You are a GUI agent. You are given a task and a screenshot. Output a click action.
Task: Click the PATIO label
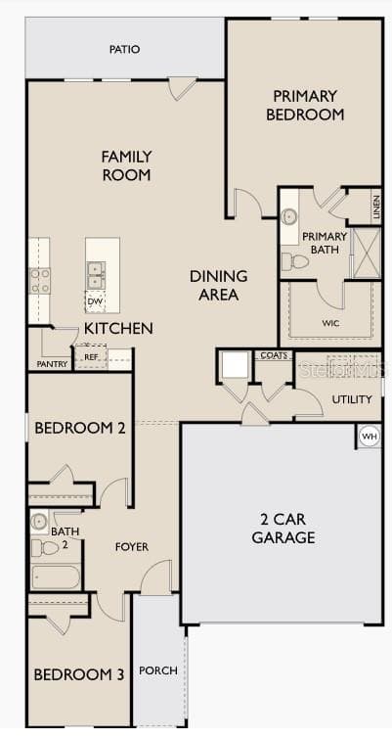[124, 48]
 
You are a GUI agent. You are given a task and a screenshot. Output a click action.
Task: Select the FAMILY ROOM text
[126, 164]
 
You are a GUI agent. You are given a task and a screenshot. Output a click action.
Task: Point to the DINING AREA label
[218, 285]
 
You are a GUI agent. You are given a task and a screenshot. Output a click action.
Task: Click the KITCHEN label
[118, 328]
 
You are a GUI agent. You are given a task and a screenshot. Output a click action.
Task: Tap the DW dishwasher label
[95, 301]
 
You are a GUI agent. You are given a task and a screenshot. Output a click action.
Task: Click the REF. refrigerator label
[91, 357]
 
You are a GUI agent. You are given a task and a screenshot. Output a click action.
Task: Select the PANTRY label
[52, 364]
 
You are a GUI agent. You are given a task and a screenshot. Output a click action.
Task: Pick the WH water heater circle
[369, 436]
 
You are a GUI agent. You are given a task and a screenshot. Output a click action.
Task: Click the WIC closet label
[330, 322]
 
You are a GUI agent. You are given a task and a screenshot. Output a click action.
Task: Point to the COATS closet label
[274, 356]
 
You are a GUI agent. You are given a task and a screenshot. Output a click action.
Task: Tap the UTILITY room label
[352, 399]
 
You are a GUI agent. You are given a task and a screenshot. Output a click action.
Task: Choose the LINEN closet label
[376, 207]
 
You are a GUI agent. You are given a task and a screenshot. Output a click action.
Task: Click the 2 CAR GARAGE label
[283, 529]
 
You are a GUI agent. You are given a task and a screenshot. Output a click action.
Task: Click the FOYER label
[132, 546]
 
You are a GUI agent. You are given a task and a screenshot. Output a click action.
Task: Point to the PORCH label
[158, 670]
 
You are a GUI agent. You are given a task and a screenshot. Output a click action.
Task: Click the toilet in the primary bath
[294, 261]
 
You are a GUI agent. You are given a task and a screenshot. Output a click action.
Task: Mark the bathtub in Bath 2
[56, 577]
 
